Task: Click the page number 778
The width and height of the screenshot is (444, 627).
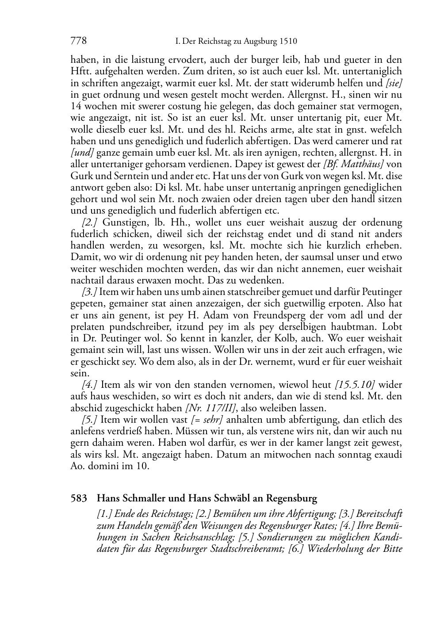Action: [x=78, y=42]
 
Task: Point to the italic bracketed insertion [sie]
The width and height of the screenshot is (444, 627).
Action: [x=393, y=83]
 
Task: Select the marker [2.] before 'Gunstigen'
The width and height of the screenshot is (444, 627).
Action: [x=90, y=222]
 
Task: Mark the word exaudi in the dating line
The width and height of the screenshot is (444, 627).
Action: [x=387, y=455]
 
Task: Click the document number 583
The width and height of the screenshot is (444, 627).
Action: [x=79, y=498]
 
